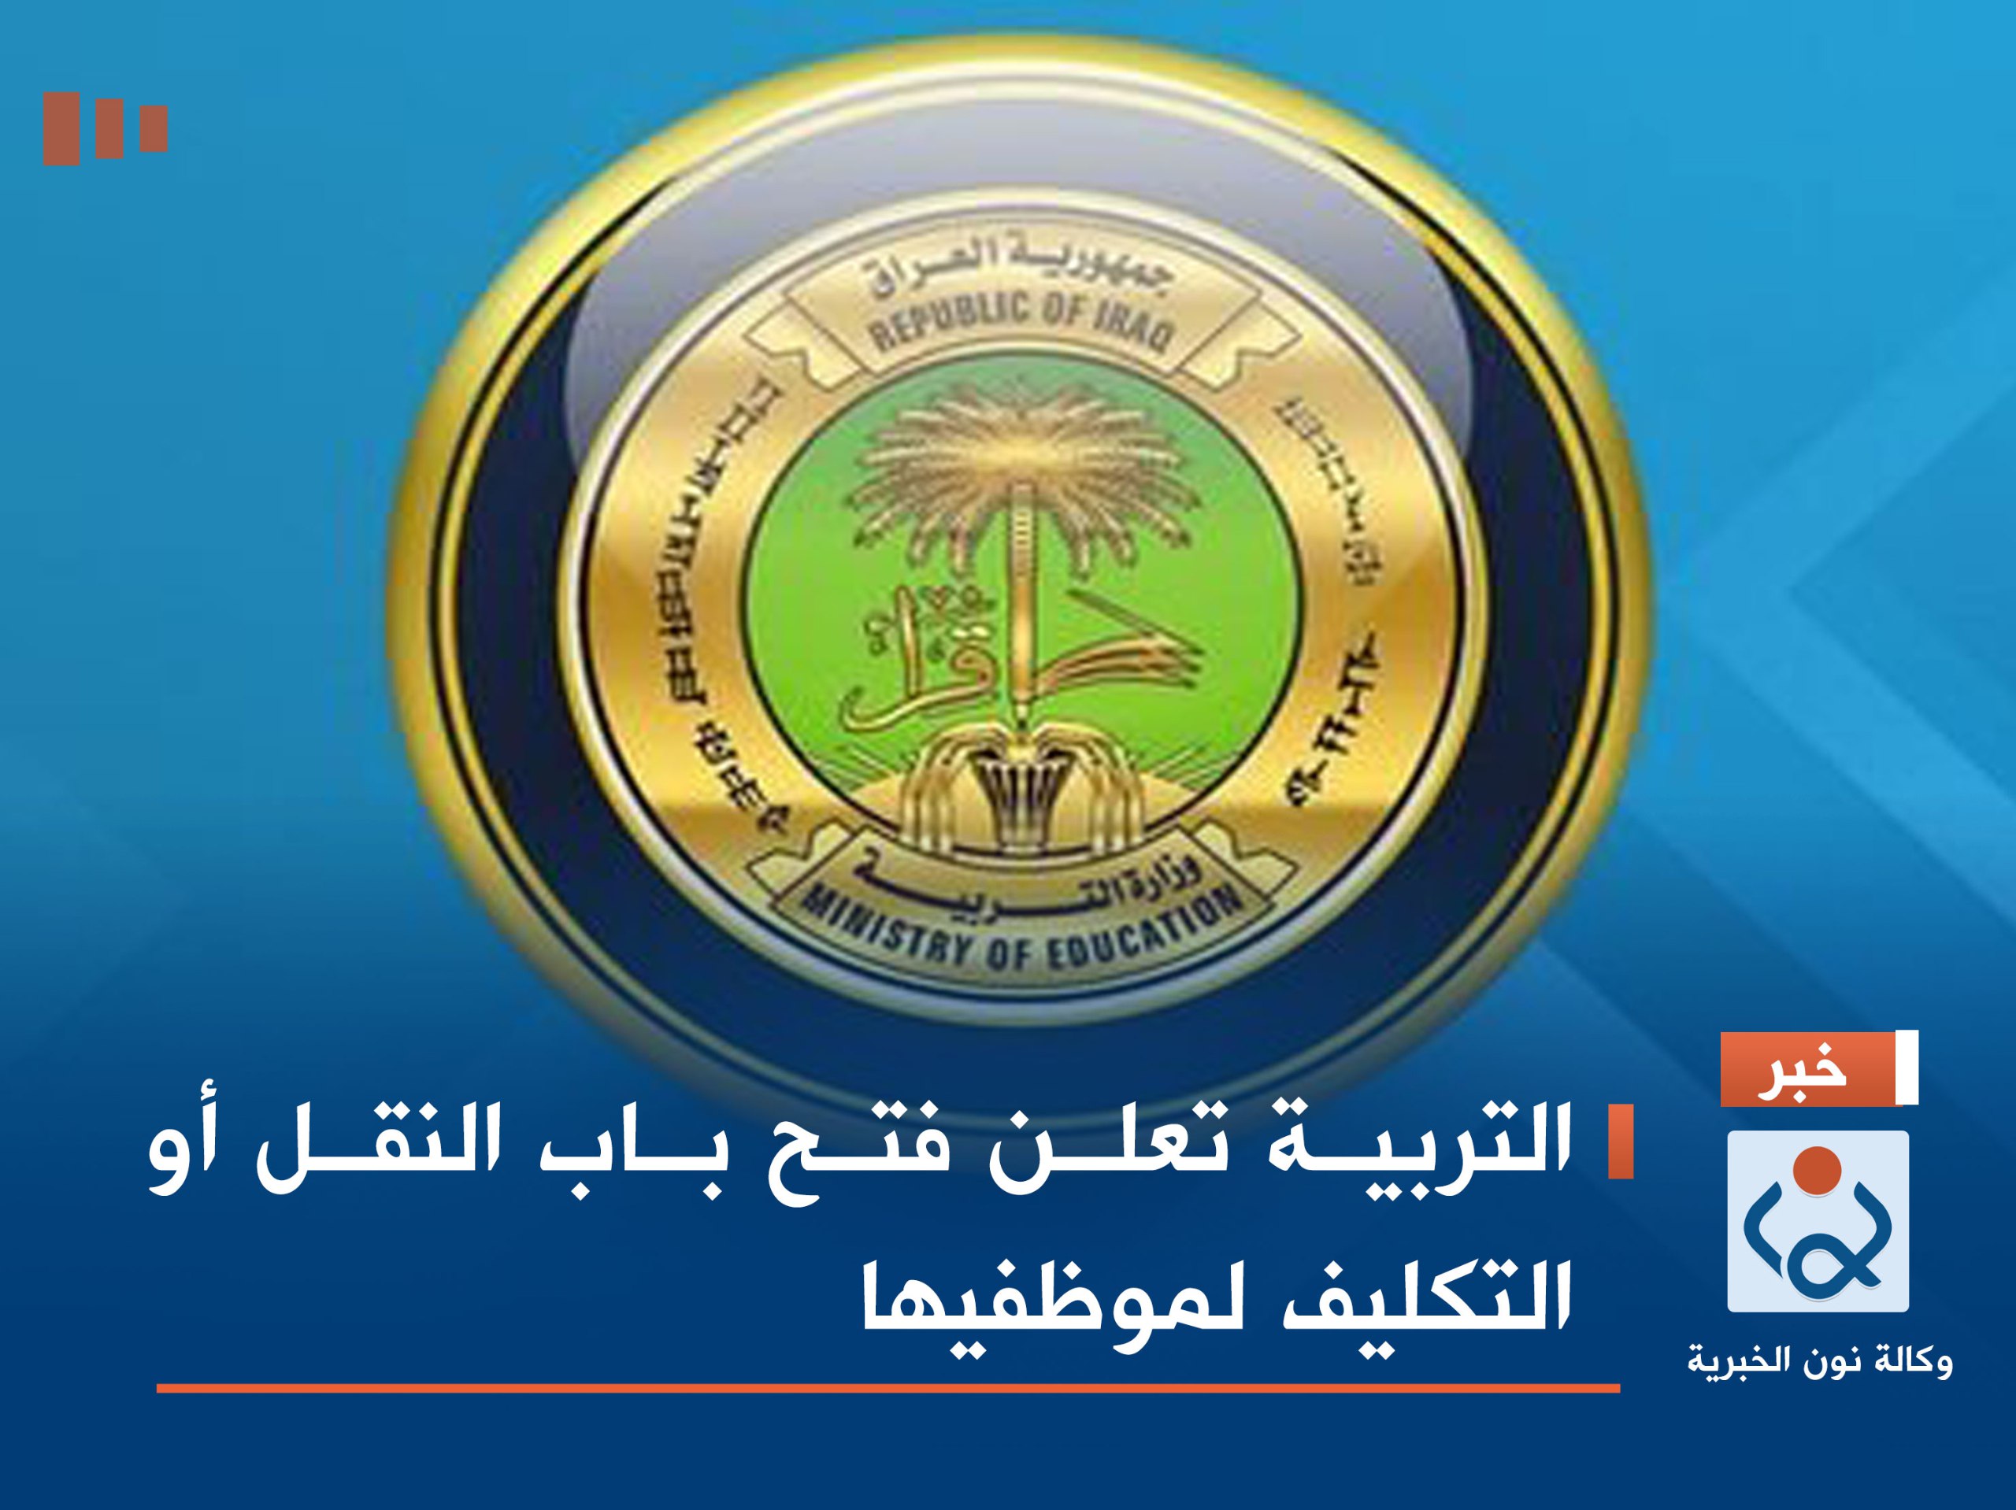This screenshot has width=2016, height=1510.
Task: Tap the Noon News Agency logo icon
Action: tap(1818, 1221)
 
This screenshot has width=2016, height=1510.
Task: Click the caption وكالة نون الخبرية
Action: tap(1819, 1361)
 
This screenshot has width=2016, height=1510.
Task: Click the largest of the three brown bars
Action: tap(61, 128)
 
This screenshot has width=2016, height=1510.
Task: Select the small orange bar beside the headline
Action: tap(1620, 1142)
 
